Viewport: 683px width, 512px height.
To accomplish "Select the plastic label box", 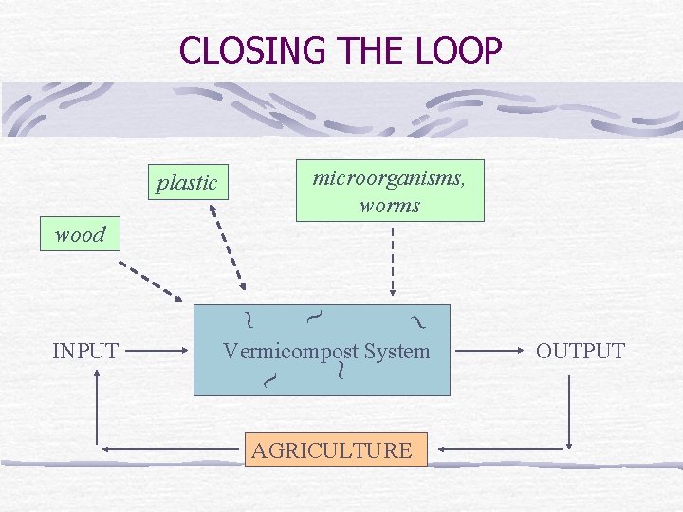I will pos(187,182).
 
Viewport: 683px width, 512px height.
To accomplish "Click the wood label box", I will pos(80,234).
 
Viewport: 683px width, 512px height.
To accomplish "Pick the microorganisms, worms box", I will pos(389,191).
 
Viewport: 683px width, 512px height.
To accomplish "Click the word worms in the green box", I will pos(389,205).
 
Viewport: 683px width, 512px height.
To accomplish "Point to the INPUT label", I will pos(85,351).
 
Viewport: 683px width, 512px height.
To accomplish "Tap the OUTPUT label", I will pos(581,351).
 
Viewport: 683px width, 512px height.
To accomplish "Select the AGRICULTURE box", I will pos(331,450).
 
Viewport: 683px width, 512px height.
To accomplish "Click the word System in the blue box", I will pos(397,352).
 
